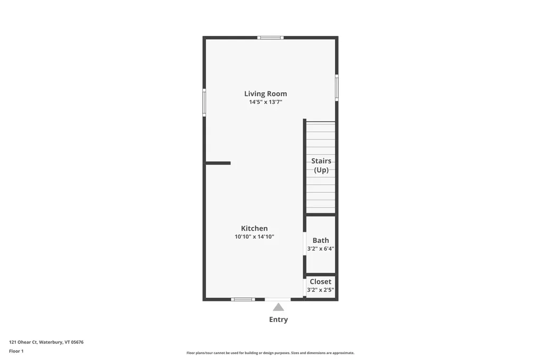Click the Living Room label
265,94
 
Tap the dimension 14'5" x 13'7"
265,102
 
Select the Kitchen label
254,229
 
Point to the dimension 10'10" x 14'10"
254,237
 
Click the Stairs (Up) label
321,165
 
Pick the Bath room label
321,241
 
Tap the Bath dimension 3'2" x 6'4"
321,249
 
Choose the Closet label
321,282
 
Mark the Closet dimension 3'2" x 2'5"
321,290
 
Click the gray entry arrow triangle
278,307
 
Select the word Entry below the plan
278,319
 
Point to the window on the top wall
270,37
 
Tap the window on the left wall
204,102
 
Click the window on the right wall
337,88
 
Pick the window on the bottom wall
243,299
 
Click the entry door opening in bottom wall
277,299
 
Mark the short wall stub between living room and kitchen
218,163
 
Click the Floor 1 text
16,350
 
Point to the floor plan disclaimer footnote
270,353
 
